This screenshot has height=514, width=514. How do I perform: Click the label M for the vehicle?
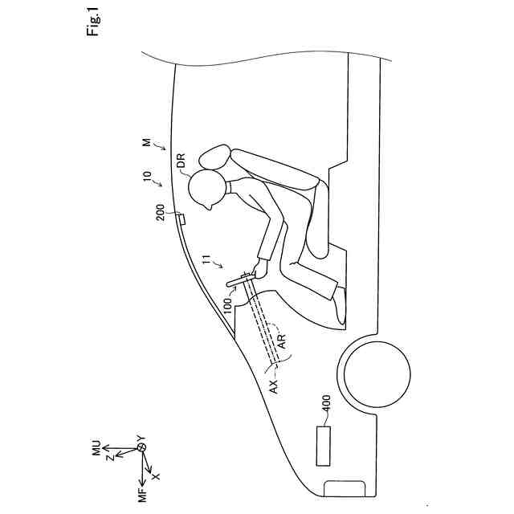(146, 141)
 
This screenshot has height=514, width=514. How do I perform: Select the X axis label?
(157, 475)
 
